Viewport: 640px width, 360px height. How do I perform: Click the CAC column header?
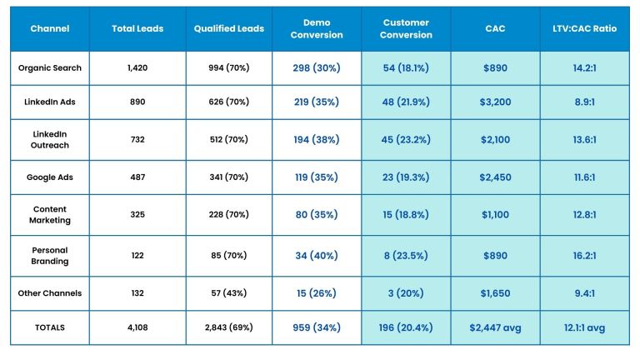pos(495,28)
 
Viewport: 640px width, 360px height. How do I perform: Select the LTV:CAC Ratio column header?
pos(584,28)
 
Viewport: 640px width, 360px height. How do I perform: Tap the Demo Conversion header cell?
pos(317,29)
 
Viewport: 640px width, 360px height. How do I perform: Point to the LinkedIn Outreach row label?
pos(49,139)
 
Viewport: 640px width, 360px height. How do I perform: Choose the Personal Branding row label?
pos(49,255)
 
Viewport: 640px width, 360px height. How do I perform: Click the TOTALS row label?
pos(49,327)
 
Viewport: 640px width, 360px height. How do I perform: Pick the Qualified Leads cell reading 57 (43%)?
pos(228,293)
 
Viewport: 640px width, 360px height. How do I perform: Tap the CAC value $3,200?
pos(495,101)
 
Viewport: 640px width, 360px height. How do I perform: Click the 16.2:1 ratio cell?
pos(584,256)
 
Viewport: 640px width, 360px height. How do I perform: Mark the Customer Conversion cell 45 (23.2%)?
pos(406,139)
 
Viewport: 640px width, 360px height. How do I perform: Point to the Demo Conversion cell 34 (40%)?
pos(317,256)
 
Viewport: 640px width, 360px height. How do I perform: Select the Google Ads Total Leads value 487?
pos(137,177)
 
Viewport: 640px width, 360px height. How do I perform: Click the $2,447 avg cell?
pos(495,327)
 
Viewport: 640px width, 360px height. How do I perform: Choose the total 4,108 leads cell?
pos(137,327)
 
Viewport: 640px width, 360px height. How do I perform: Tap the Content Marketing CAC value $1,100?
pos(495,214)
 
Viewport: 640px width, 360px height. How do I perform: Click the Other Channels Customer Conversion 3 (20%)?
pos(406,293)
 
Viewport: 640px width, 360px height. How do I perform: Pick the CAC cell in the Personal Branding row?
pos(495,256)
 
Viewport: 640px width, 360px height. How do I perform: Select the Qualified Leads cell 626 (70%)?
pos(228,101)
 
